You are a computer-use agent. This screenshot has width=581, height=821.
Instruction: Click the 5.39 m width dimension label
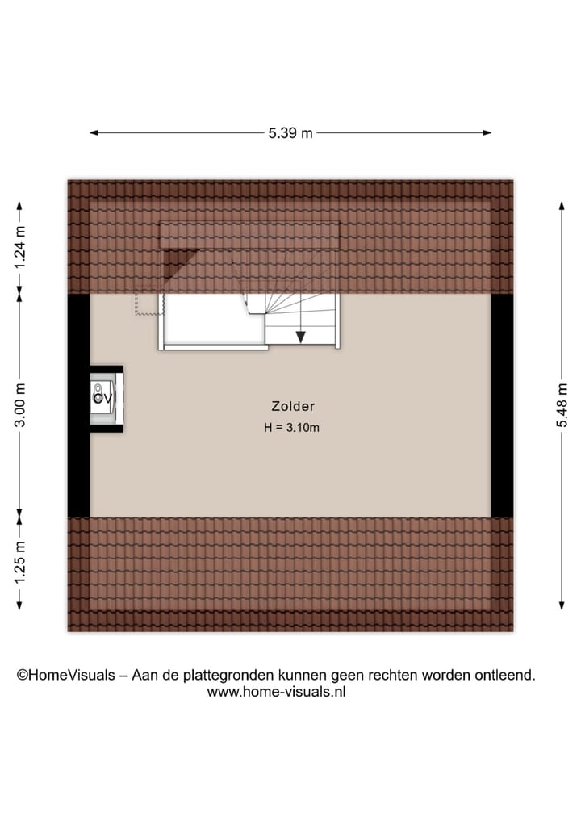290,134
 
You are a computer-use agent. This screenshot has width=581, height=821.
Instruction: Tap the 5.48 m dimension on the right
562,404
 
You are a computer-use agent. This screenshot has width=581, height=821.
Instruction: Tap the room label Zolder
292,407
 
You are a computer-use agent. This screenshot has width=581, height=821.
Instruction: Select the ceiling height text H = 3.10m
292,428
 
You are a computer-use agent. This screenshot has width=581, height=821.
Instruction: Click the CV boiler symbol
102,398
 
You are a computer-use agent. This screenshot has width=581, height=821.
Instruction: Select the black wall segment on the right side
502,404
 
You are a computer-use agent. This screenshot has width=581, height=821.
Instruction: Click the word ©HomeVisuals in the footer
65,676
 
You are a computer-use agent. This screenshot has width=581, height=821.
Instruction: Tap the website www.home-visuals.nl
276,692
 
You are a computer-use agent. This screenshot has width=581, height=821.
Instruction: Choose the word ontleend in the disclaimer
506,676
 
